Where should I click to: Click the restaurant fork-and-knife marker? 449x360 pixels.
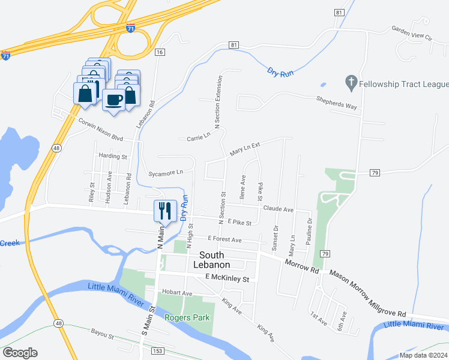[165, 211]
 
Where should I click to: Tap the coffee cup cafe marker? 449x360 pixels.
[113, 100]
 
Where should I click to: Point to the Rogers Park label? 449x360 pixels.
[187, 317]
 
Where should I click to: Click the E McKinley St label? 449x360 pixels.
[226, 278]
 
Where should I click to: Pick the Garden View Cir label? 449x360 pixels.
[412, 32]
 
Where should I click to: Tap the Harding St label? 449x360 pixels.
[113, 157]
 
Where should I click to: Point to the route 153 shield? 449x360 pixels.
[157, 350]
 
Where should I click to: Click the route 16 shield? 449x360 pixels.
[159, 53]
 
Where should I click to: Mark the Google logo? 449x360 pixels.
[20, 353]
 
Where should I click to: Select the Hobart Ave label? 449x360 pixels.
[176, 293]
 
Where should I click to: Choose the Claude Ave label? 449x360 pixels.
[278, 209]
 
